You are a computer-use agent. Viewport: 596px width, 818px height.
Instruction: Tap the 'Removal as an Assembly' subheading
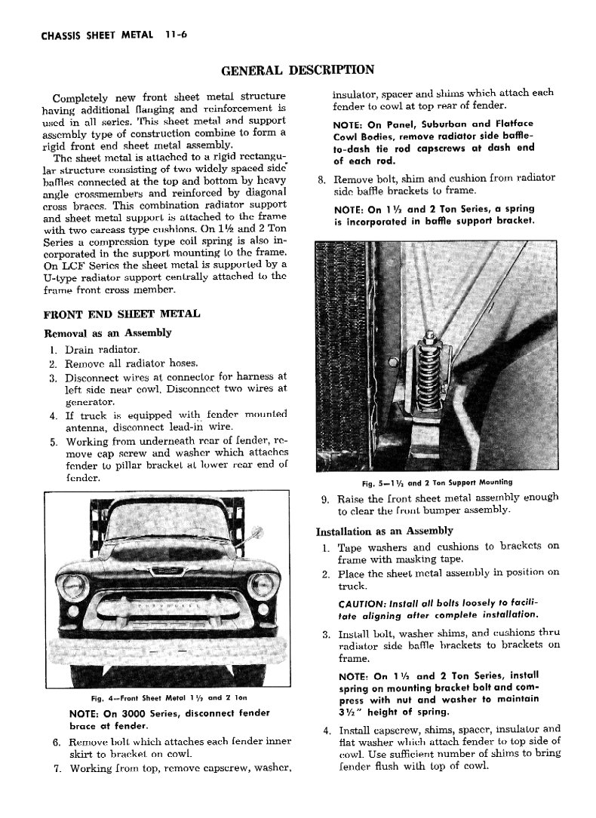(x=106, y=332)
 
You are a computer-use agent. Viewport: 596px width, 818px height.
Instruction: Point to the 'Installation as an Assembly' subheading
(x=384, y=531)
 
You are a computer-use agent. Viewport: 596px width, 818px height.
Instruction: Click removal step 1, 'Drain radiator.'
(x=102, y=350)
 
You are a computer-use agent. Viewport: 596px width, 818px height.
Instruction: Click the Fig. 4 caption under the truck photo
(x=169, y=697)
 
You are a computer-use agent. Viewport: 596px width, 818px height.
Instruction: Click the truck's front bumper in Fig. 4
(x=170, y=648)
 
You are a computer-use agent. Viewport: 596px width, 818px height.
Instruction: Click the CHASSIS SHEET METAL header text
(x=88, y=35)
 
